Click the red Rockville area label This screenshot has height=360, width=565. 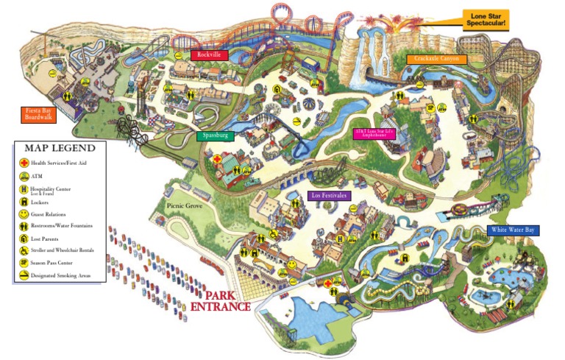(x=209, y=55)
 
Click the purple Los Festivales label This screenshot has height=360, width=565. (x=328, y=196)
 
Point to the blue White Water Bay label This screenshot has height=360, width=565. (x=514, y=230)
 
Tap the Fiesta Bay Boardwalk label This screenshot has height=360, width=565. (x=38, y=114)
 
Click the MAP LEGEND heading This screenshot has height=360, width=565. (x=58, y=149)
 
